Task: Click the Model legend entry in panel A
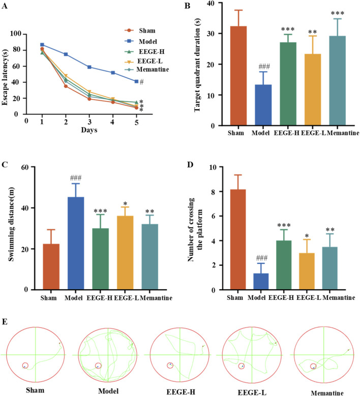(141, 41)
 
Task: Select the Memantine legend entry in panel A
(147, 70)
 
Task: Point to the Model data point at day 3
(89, 67)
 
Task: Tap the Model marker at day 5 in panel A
(136, 81)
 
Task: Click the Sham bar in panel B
(238, 76)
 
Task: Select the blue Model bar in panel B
(263, 105)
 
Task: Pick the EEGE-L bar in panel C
(125, 253)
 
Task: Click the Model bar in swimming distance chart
(76, 243)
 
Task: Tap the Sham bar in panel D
(238, 239)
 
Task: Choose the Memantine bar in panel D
(329, 268)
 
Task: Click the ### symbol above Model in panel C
(76, 178)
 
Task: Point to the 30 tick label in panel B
(211, 34)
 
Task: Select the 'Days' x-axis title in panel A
(89, 130)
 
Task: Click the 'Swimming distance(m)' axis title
(11, 224)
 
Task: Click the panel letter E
(4, 322)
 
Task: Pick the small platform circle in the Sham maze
(25, 365)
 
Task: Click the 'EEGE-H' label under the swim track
(181, 392)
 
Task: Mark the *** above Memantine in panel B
(337, 13)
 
